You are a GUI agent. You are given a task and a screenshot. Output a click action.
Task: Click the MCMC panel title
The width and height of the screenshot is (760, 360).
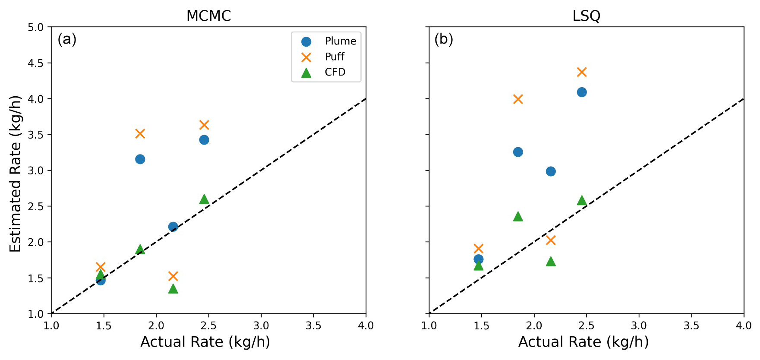point(208,16)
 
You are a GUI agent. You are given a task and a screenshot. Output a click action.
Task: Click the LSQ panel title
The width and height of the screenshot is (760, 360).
point(586,16)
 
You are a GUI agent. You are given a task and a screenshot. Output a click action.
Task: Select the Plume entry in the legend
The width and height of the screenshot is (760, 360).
point(341,41)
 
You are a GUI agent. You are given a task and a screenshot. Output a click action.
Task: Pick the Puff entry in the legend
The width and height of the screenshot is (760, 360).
point(334,57)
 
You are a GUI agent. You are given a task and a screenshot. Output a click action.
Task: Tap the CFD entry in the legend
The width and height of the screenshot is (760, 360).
point(335,72)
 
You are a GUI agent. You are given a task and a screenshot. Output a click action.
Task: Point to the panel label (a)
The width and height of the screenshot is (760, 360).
point(67,39)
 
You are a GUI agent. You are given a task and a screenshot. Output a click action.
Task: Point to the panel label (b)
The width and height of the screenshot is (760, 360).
point(444,39)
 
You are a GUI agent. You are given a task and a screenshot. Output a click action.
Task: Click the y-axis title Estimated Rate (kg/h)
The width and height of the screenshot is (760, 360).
point(16,174)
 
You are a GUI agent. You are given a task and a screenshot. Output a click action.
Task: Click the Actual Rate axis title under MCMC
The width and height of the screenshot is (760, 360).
point(205,342)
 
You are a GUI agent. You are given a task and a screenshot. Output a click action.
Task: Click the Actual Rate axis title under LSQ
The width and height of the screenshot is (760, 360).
point(583,342)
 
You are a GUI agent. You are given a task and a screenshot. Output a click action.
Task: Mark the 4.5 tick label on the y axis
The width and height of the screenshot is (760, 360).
point(36,63)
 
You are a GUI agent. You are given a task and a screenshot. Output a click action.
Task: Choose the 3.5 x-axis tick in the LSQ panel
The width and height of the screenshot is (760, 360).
point(691,325)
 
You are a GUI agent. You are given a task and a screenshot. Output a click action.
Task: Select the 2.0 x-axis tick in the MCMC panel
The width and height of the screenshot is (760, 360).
point(156,325)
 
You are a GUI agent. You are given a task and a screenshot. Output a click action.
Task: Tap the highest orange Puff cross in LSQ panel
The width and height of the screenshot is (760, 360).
point(582,72)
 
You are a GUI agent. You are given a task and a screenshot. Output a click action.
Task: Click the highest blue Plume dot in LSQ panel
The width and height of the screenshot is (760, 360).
point(582,92)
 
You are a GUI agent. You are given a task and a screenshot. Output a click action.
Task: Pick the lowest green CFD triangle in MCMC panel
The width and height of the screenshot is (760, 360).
point(173,288)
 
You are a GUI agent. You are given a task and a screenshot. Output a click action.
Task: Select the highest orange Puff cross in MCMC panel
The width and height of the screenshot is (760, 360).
point(204,125)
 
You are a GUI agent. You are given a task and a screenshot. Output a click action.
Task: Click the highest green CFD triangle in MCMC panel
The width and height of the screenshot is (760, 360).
point(204,199)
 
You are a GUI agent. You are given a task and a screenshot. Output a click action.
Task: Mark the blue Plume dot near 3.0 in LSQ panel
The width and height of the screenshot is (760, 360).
point(551,171)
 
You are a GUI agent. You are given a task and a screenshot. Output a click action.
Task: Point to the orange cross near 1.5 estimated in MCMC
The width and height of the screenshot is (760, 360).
point(173,276)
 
